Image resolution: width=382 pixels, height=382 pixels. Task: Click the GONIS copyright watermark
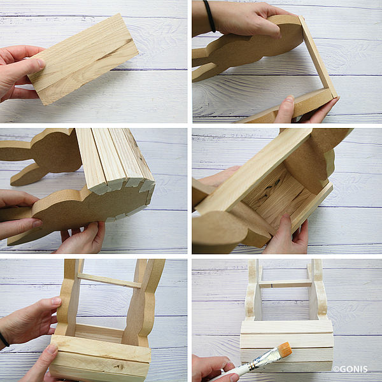(x=350, y=369)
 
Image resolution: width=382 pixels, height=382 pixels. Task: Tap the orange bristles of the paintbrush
(x=285, y=349)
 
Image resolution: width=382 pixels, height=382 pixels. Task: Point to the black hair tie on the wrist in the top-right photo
(x=209, y=16)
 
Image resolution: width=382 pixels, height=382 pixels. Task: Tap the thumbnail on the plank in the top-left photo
(x=41, y=63)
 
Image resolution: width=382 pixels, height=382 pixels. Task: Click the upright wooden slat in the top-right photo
(x=318, y=57)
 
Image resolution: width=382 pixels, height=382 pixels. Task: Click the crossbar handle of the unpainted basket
(x=110, y=281)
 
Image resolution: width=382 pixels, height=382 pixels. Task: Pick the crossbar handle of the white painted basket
(x=285, y=284)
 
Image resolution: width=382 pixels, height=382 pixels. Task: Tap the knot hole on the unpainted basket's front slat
(x=118, y=366)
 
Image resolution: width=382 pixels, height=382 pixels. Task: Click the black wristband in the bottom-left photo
(x=4, y=339)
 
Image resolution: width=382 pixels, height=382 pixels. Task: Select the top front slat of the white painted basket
(x=286, y=327)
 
